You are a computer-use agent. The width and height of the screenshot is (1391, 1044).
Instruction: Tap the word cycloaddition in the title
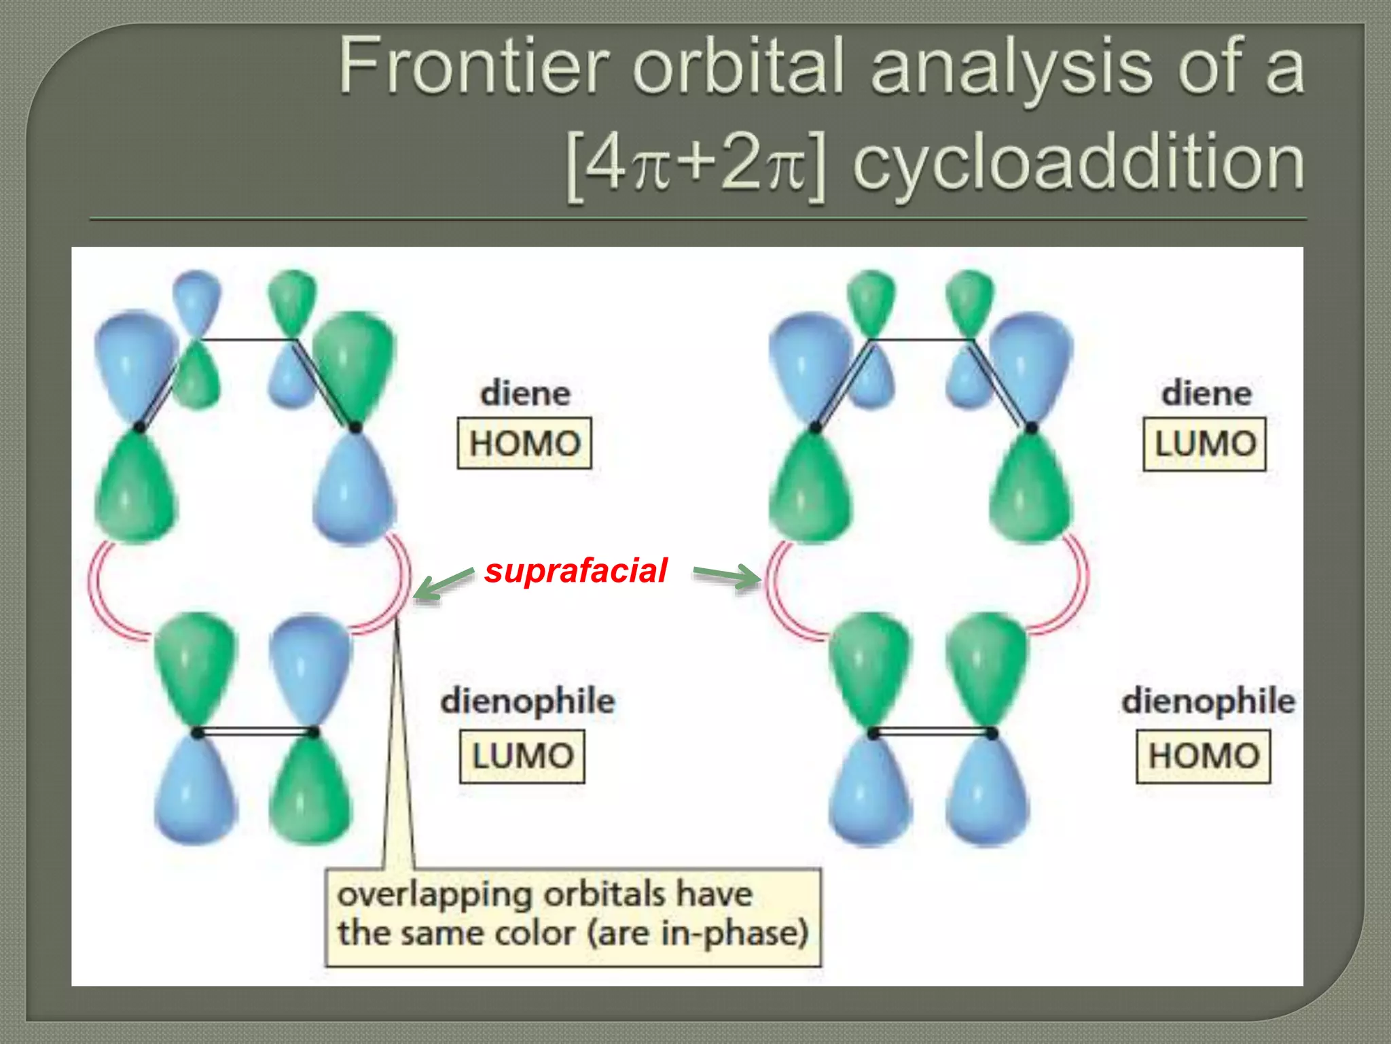(x=1078, y=163)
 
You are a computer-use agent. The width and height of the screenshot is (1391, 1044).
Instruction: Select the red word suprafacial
(x=576, y=570)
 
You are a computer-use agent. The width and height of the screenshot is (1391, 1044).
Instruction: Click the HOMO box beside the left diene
(x=524, y=444)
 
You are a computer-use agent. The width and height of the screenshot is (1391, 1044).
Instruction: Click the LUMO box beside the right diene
(x=1205, y=445)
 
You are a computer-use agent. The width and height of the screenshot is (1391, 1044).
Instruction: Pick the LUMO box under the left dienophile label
(x=522, y=756)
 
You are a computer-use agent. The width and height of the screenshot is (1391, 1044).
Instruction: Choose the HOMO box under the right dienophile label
(x=1204, y=756)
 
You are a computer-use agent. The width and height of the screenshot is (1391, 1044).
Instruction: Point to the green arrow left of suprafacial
(x=442, y=584)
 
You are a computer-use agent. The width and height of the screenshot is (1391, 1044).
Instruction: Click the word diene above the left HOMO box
(x=525, y=394)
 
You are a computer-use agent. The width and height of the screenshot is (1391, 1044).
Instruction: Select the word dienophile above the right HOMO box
(x=1208, y=701)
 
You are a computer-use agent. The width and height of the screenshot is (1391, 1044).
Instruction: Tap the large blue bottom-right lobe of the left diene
(x=354, y=489)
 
